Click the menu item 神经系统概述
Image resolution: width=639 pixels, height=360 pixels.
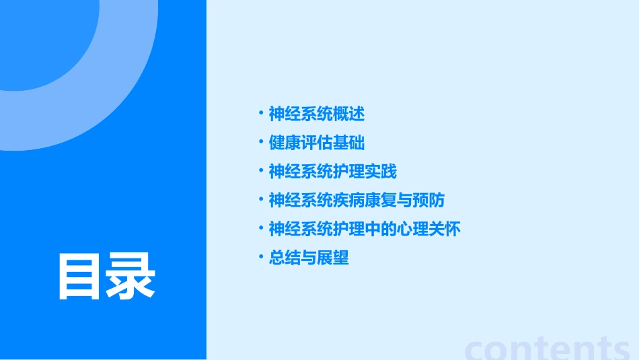317,114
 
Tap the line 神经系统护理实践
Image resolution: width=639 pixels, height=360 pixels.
333,172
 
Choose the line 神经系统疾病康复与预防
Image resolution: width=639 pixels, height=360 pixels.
356,201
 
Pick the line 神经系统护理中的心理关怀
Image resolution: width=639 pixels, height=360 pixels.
365,229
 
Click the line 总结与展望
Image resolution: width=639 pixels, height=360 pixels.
309,258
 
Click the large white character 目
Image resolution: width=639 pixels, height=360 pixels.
81,277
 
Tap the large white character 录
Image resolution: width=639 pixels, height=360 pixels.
132,277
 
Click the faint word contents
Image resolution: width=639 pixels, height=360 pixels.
548,348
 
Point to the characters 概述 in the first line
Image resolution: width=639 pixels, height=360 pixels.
349,114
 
